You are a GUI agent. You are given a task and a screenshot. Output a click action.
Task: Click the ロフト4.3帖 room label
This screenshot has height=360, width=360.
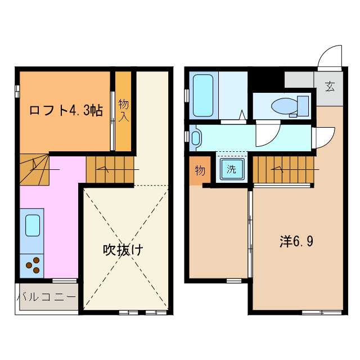pos(66,110)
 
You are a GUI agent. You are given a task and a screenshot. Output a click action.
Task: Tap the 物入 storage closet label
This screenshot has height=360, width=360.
pos(124,110)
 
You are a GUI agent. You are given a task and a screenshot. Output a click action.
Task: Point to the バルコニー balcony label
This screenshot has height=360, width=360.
pos(46,296)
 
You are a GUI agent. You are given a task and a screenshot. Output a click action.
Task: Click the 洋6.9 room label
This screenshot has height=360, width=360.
pos(296,241)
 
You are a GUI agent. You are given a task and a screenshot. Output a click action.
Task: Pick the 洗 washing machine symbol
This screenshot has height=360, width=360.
pos(231,168)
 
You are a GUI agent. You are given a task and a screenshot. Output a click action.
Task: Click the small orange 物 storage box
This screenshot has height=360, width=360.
pos(200,171)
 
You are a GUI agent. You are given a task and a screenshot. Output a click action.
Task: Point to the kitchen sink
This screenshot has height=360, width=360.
pos(32,226)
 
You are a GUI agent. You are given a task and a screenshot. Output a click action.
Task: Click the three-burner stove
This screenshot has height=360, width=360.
pos(33,265)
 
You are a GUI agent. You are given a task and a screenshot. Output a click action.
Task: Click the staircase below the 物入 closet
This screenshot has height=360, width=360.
pos(110,170)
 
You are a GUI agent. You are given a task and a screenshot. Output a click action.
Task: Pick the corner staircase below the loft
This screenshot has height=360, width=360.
pos(34,169)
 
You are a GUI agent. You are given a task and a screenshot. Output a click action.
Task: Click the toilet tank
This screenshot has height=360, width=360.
pos(303,105)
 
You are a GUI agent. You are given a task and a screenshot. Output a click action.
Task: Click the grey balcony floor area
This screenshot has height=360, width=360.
pos(46,296)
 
